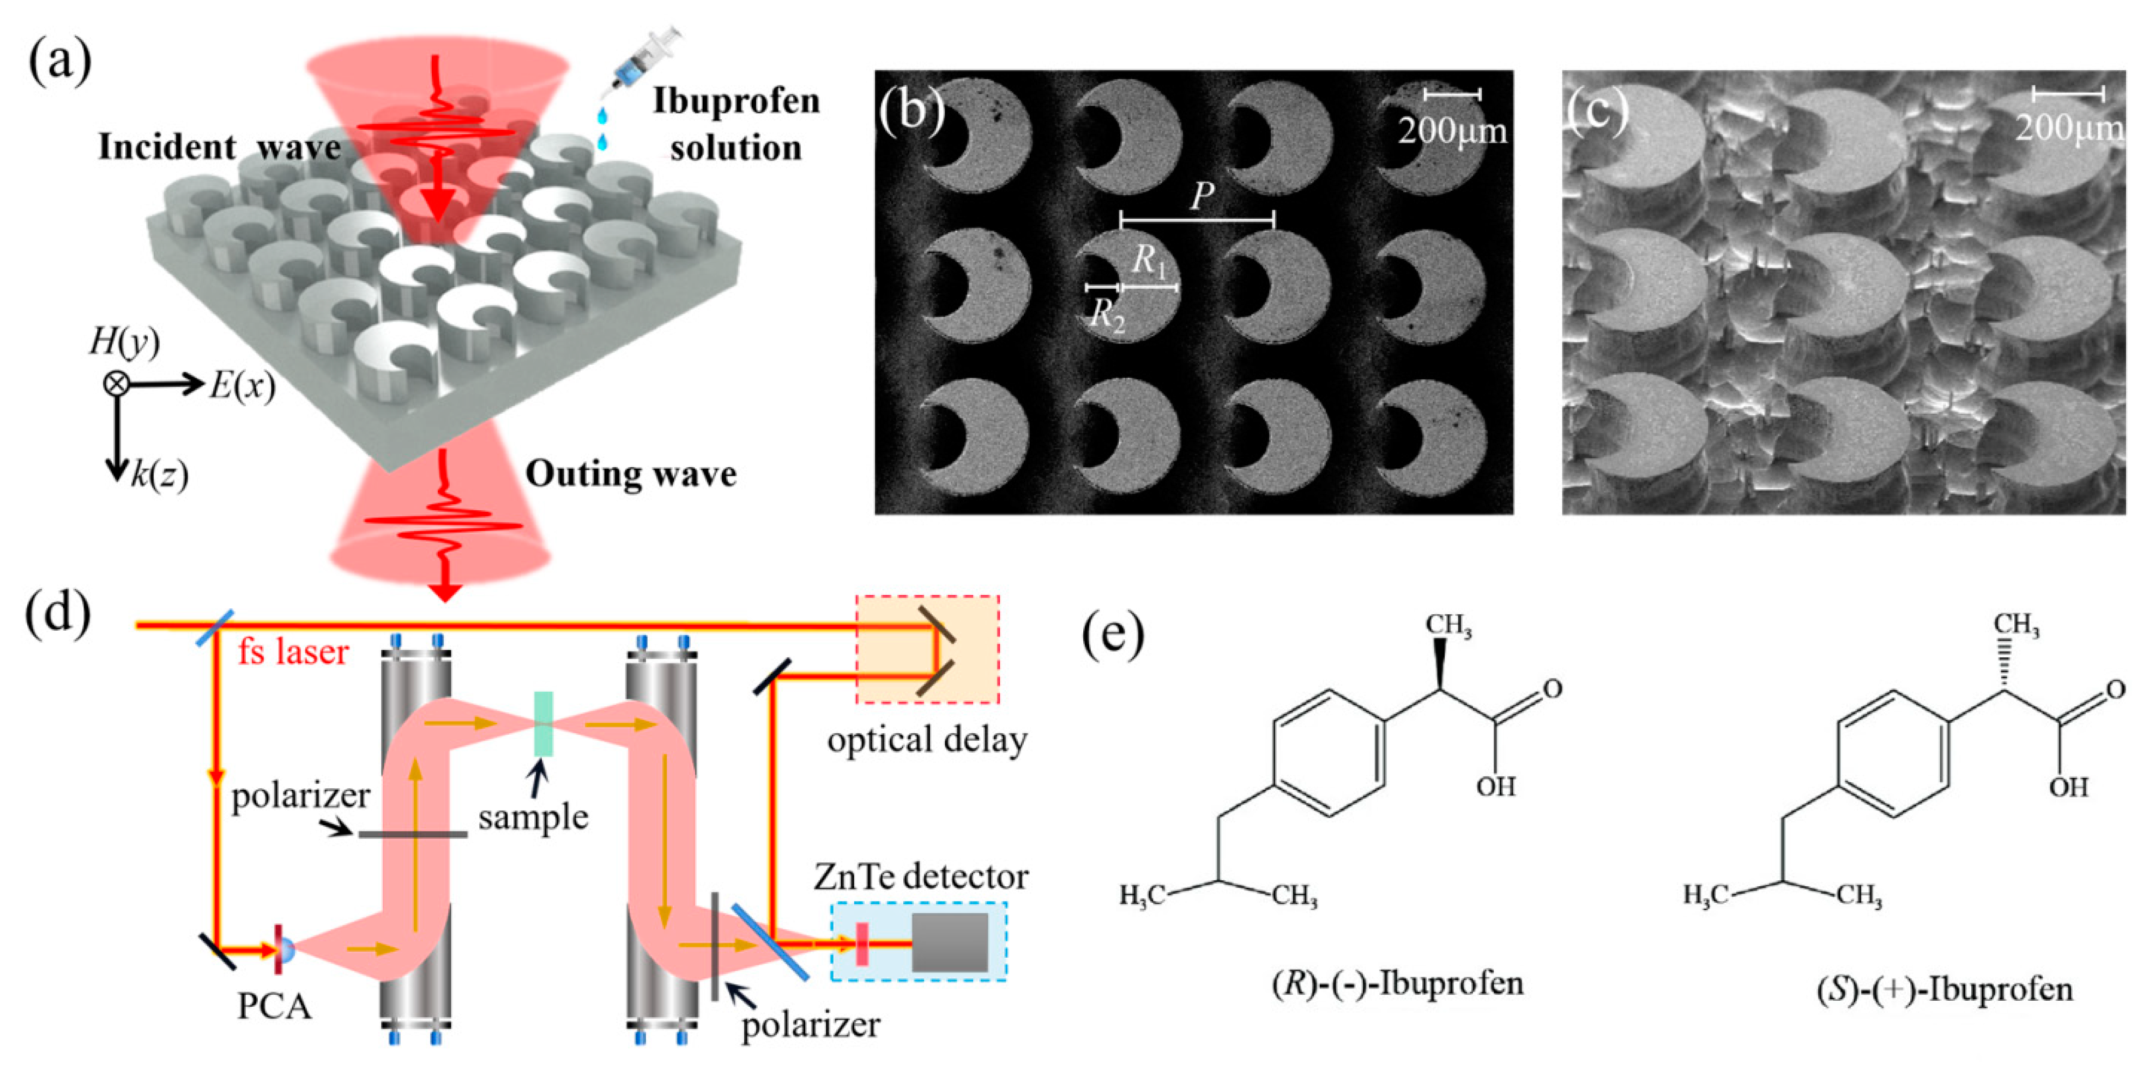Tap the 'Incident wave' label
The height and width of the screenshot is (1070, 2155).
219,148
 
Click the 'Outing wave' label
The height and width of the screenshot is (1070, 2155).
631,474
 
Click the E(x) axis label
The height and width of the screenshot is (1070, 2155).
242,386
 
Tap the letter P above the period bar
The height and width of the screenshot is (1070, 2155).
1202,195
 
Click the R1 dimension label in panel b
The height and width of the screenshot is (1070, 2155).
1149,261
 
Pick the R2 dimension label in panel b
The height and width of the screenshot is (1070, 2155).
1107,316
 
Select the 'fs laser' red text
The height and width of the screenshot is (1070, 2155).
293,652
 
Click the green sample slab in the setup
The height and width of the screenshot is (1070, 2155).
543,724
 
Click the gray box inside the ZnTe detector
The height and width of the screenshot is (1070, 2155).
950,942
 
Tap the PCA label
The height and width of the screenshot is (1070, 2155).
274,1006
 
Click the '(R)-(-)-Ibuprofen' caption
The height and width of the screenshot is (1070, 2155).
1397,984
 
